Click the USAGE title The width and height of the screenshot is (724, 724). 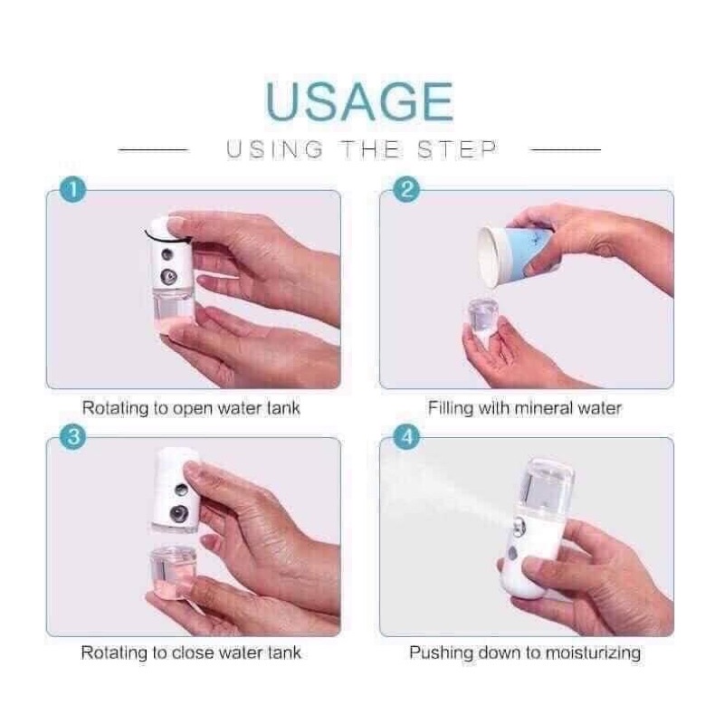(x=359, y=101)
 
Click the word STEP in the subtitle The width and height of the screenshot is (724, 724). (x=457, y=149)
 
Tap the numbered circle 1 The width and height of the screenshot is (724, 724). (x=73, y=189)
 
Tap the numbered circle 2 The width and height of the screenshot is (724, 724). (x=406, y=189)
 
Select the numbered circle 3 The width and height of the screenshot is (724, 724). (x=73, y=437)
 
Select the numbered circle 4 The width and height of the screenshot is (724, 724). (x=406, y=437)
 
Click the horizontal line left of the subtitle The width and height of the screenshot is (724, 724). (x=153, y=149)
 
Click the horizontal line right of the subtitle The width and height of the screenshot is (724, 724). (x=566, y=149)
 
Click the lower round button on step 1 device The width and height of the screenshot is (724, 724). (x=169, y=276)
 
